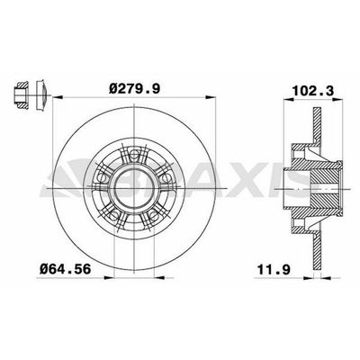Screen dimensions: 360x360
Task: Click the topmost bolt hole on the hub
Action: (x=132, y=155)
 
